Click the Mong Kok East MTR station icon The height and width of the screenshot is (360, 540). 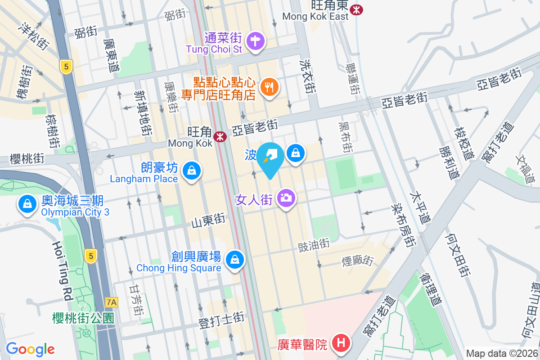[357, 9]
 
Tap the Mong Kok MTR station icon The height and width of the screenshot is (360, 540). [220, 136]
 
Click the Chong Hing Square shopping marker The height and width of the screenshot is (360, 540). [234, 260]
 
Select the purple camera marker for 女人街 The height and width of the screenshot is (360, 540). [286, 197]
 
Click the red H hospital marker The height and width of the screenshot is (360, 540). [341, 343]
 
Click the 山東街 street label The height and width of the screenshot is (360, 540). [208, 220]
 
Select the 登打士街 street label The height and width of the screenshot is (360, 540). [221, 320]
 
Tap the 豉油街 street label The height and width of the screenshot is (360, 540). [314, 245]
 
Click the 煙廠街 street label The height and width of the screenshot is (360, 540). [358, 260]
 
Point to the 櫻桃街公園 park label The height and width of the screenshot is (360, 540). [82, 318]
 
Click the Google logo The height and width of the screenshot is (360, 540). [30, 349]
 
